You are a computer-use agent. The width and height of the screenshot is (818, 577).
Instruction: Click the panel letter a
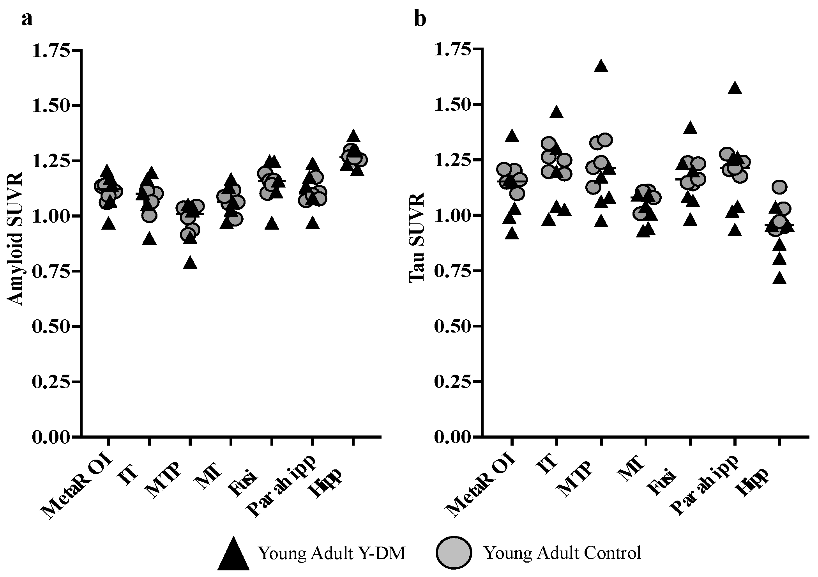(x=27, y=19)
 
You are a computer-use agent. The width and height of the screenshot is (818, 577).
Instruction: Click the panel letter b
(x=420, y=19)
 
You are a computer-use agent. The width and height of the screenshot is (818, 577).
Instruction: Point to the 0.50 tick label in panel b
(x=453, y=326)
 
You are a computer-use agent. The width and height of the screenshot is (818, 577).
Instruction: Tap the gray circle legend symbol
(x=454, y=552)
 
